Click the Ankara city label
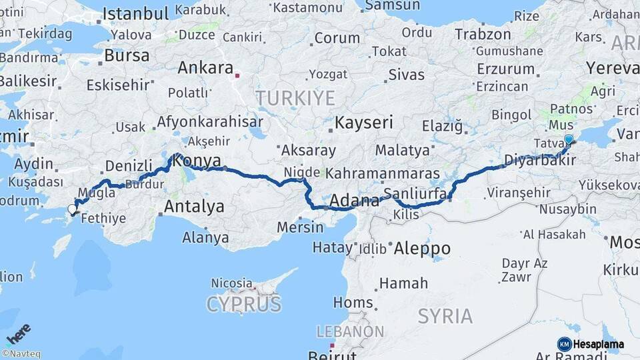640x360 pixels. [205, 68]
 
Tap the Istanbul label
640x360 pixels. [136, 13]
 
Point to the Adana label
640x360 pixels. [354, 200]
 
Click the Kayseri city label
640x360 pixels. [363, 123]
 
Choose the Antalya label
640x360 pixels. [194, 206]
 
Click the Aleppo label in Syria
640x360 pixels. [422, 249]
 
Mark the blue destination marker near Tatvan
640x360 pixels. [568, 139]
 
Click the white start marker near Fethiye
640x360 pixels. [72, 209]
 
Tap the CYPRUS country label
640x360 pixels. [243, 305]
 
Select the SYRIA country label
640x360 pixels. [445, 316]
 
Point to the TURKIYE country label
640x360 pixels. [295, 99]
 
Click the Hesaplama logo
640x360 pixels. [591, 344]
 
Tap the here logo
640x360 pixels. [18, 334]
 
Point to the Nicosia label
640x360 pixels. [231, 283]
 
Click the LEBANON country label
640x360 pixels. [350, 331]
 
